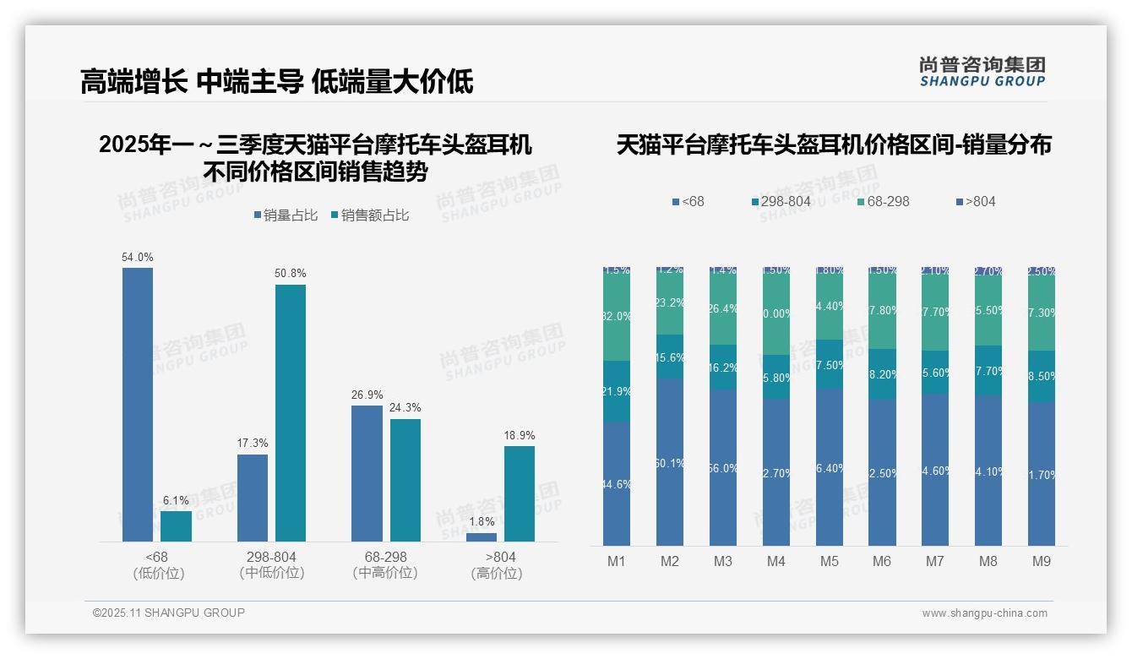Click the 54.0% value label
click(138, 257)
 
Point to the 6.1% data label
click(176, 500)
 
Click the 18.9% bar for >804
click(520, 493)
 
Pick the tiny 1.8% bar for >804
click(482, 536)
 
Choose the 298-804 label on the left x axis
click(271, 558)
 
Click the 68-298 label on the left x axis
click(385, 558)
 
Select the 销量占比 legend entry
click(286, 215)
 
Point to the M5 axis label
click(829, 562)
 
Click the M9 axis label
click(1042, 562)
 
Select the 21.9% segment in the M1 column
click(617, 391)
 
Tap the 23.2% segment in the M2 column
click(670, 302)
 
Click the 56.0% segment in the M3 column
click(723, 467)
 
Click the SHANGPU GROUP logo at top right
click(982, 72)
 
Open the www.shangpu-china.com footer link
click(984, 613)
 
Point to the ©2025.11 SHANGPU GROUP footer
click(169, 613)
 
